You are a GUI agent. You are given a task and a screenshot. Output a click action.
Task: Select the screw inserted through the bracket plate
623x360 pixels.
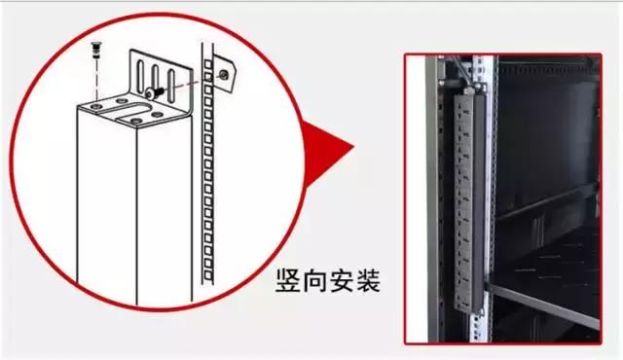tap(151, 91)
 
